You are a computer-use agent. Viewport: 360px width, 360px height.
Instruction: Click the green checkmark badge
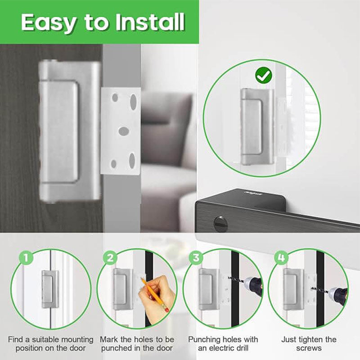pos(263,75)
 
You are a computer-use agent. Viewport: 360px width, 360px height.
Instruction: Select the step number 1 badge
pos(26,257)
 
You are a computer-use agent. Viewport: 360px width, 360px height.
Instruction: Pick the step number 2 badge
pos(110,257)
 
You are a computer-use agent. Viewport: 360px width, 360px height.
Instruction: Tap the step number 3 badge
pos(196,257)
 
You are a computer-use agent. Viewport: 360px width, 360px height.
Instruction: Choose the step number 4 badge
pos(281,257)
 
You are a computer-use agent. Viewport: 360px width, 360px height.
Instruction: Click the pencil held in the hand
pos(155,295)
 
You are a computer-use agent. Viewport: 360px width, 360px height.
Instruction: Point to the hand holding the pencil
pos(157,296)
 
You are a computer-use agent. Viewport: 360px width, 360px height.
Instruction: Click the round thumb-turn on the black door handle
pos(220,224)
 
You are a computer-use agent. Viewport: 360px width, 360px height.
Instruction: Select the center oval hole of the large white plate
pos(124,131)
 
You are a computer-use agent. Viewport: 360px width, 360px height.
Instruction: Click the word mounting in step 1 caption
pos(74,339)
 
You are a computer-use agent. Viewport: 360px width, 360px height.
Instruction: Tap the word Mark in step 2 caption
pos(109,339)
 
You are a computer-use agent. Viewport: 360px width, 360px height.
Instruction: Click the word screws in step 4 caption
pos(309,348)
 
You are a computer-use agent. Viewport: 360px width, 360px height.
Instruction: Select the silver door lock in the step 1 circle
pos(50,289)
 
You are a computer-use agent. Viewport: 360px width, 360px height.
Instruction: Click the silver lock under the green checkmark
pos(257,126)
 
